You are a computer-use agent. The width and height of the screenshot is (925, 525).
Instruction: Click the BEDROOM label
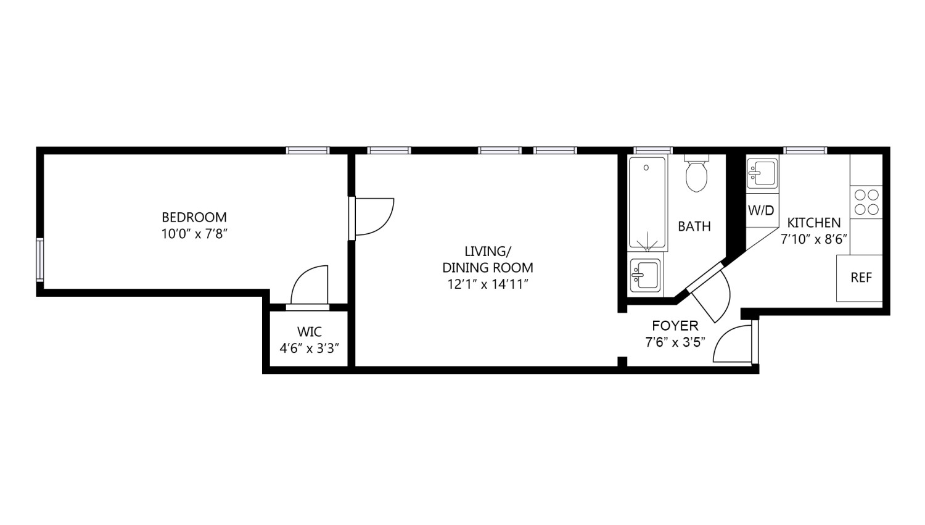(x=194, y=217)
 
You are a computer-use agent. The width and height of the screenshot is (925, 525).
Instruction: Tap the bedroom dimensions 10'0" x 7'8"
(x=194, y=234)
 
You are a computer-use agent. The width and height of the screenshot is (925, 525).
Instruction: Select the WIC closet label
(x=310, y=332)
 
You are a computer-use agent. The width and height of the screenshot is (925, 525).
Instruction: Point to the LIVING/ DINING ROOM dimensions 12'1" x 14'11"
(x=488, y=284)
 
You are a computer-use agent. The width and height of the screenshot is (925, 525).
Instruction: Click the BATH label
(x=694, y=226)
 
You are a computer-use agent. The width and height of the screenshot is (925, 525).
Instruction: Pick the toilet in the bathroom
(x=696, y=173)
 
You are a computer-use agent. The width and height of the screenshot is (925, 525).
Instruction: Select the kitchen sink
(x=762, y=173)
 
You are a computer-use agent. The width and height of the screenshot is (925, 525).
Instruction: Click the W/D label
(x=761, y=210)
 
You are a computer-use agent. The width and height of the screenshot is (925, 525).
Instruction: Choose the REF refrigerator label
(x=861, y=278)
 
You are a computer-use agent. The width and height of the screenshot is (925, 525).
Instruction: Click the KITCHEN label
(x=813, y=223)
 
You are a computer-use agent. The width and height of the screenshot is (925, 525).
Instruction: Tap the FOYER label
(x=675, y=326)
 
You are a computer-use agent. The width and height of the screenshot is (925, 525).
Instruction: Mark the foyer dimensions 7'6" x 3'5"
(x=675, y=342)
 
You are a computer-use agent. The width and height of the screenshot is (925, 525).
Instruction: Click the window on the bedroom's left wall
(x=39, y=260)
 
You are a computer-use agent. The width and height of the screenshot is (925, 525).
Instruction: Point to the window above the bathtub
(x=653, y=151)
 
